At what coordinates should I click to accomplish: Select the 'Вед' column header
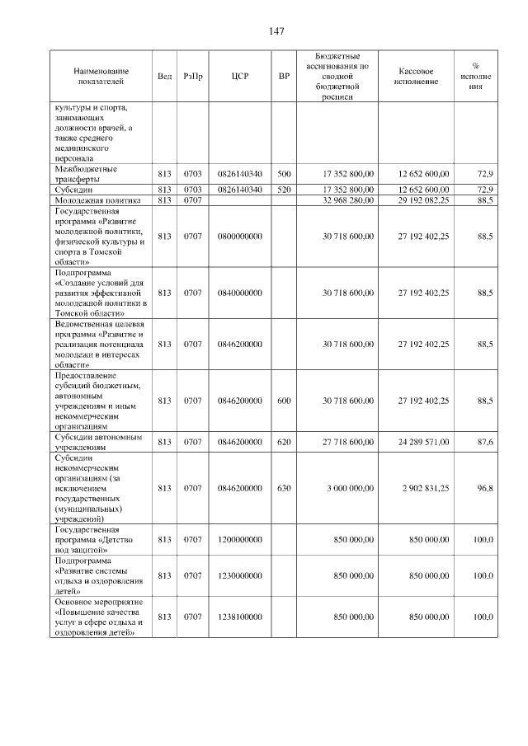[164, 77]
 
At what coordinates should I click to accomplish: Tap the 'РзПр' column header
[193, 77]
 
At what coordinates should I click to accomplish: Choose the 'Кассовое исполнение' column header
[416, 77]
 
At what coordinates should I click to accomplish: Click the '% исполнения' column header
[475, 77]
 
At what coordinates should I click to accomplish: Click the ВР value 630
[285, 489]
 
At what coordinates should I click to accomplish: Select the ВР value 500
[285, 174]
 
